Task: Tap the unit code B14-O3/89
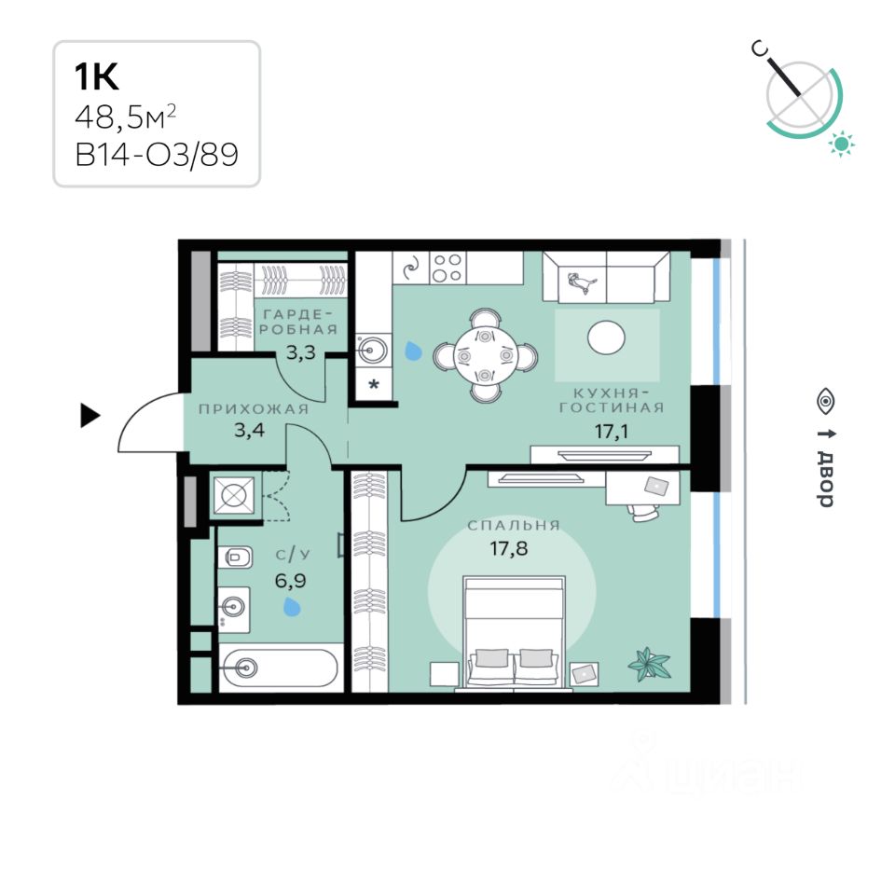coord(156,154)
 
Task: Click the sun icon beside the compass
coord(843,144)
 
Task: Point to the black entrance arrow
coord(89,415)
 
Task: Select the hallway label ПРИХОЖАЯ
coord(253,408)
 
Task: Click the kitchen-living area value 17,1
coord(610,431)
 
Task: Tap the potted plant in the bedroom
coord(649,664)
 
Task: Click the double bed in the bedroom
coord(515,634)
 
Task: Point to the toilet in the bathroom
coord(236,558)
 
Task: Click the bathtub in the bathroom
coord(278,667)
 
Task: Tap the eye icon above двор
coord(825,402)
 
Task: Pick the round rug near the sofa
coord(607,337)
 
